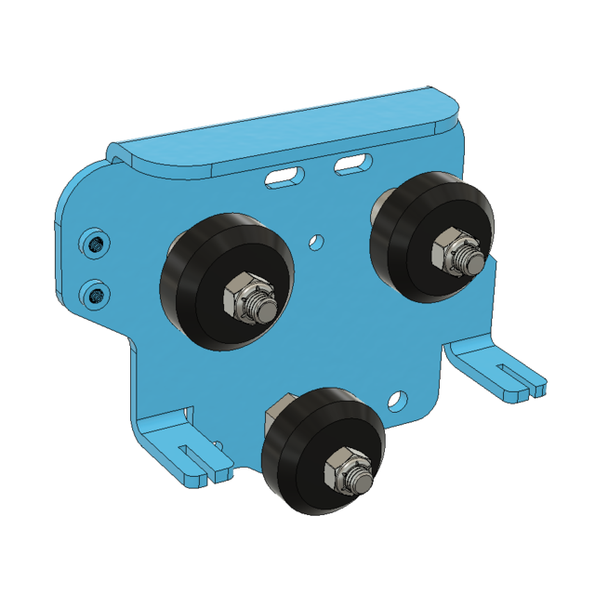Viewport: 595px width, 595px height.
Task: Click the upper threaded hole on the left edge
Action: coord(95,244)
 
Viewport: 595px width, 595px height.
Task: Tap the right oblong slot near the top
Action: coord(351,165)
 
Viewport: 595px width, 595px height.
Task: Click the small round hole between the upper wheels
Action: coord(317,241)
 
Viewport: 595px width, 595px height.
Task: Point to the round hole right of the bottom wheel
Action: coord(398,401)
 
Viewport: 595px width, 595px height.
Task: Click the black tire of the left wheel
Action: coord(191,279)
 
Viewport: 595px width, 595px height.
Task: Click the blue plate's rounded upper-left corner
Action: coord(79,186)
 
